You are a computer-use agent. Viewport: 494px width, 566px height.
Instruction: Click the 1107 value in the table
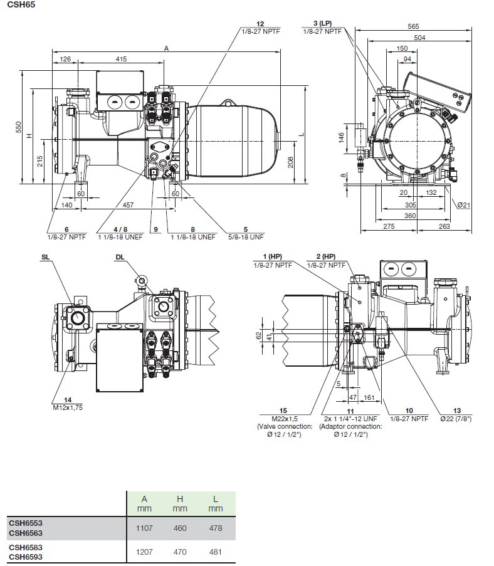click(144, 528)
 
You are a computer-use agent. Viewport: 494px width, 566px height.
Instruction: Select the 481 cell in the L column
click(215, 552)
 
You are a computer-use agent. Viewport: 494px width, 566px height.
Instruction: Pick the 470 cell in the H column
click(180, 552)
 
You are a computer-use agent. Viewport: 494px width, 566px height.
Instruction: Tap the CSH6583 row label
click(26, 547)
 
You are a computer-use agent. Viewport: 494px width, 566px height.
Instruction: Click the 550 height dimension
click(19, 127)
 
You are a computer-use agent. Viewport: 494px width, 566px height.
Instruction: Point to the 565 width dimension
click(413, 26)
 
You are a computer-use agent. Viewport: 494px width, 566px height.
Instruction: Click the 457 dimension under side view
click(128, 205)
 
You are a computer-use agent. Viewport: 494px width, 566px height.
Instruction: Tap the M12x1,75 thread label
click(68, 407)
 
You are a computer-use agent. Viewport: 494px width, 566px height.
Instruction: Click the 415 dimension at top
click(121, 59)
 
